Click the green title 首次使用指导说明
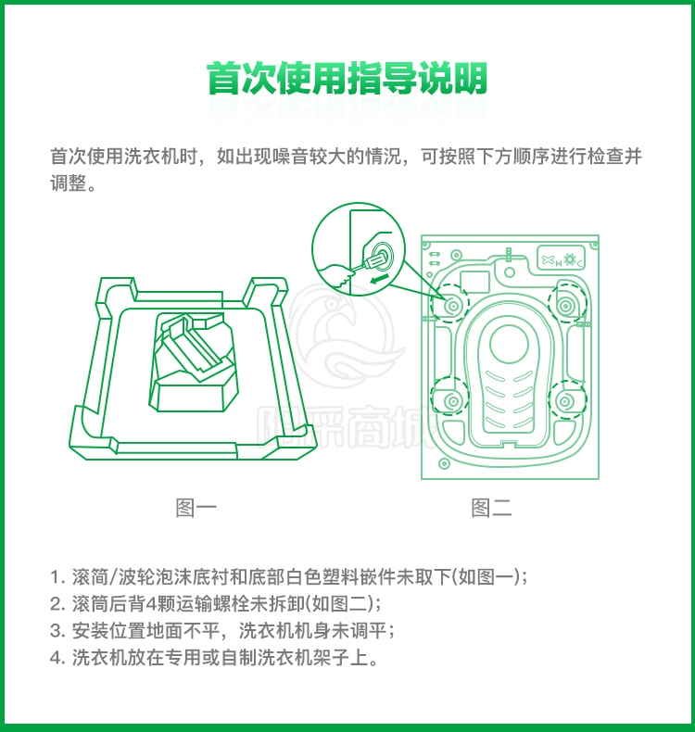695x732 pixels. [347, 78]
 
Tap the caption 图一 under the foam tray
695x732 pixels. [196, 508]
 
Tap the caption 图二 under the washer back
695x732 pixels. [491, 508]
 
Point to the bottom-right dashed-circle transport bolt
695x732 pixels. [567, 401]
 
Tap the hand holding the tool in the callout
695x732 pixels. [335, 276]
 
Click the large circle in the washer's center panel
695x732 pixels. [509, 345]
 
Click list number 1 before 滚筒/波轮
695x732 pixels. [57, 577]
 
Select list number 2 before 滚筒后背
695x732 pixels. [57, 604]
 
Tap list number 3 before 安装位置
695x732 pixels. [57, 631]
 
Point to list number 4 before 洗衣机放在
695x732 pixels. [57, 658]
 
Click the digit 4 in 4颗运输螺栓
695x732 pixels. [151, 604]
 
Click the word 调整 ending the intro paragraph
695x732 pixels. [69, 183]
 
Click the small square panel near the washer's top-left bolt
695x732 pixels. [474, 282]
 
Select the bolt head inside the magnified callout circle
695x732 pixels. [383, 255]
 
